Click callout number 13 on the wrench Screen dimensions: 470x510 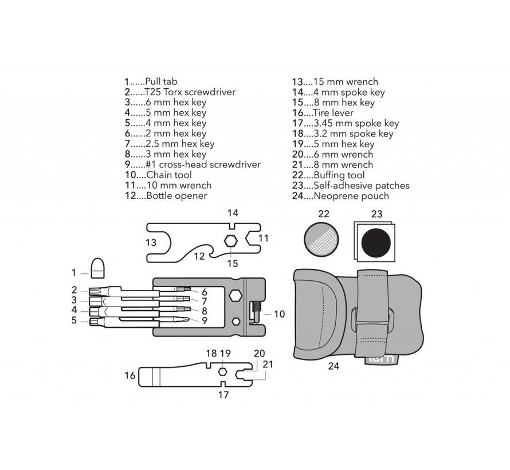click(151, 242)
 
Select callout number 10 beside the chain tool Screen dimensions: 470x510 click(279, 314)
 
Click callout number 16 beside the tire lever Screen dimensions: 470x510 click(130, 375)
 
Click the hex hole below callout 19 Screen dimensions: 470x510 click(223, 372)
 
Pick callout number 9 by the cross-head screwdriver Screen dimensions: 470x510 click(203, 320)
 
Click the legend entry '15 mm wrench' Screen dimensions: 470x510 click(335, 82)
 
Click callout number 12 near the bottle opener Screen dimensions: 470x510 click(199, 256)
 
